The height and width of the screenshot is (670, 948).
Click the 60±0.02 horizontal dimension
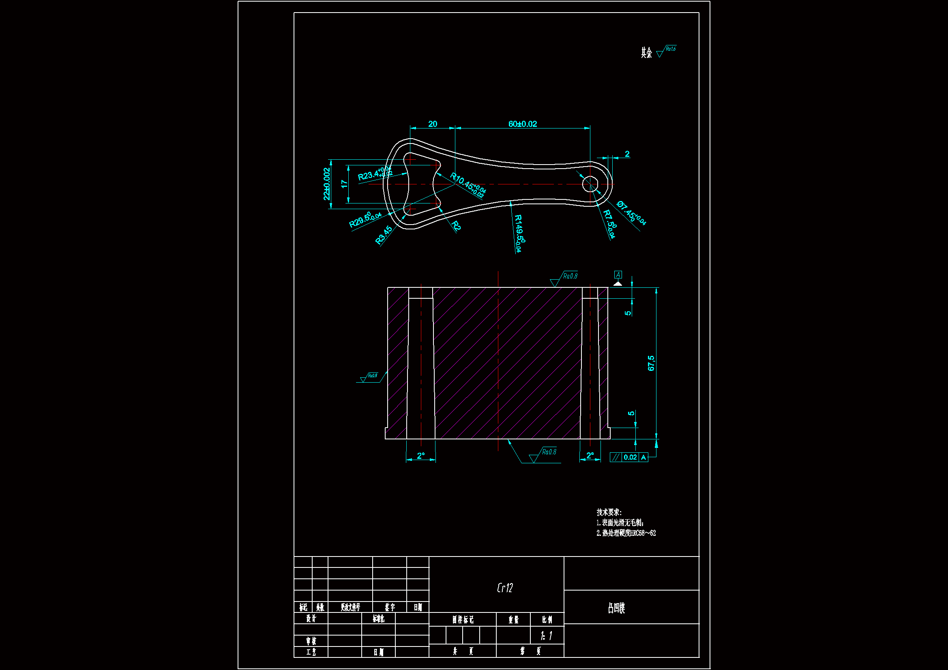pos(522,124)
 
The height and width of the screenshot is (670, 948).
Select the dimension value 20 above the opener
pos(432,124)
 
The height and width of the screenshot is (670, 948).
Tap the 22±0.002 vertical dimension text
pos(326,184)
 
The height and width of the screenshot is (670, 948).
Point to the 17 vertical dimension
pos(344,184)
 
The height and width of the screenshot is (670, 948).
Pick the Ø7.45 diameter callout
pos(631,213)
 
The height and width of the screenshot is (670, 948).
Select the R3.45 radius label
pos(384,235)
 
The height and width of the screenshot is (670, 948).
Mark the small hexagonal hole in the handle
pos(590,184)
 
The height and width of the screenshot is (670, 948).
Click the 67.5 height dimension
pos(651,363)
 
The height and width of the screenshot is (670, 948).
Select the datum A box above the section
pos(618,275)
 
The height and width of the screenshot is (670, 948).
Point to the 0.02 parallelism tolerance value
pos(630,457)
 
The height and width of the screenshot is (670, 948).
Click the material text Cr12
pos(504,588)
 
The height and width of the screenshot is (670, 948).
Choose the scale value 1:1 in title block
pos(547,636)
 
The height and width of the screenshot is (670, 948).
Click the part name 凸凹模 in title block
pos(616,608)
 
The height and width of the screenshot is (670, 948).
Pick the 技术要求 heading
pos(609,512)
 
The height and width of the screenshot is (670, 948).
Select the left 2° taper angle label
pos(421,456)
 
